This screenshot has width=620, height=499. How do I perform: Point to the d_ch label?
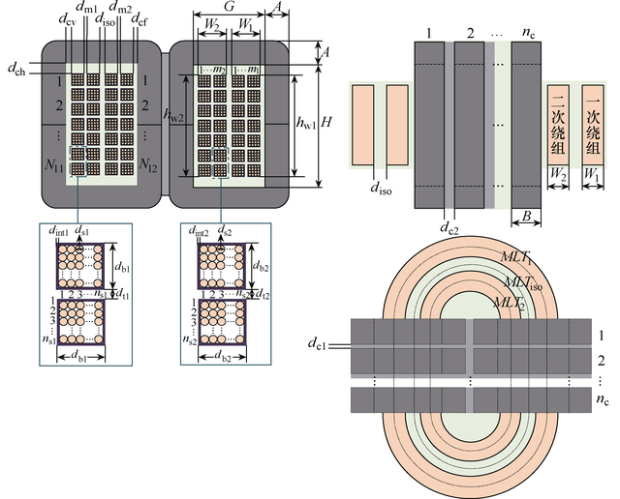coord(16,69)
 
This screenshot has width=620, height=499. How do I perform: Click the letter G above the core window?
coord(229,8)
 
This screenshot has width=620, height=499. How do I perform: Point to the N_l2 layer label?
coord(150,167)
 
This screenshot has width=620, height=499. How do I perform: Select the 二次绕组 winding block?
coord(559,124)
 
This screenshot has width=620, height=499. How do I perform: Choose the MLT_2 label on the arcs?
coord(507,302)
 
